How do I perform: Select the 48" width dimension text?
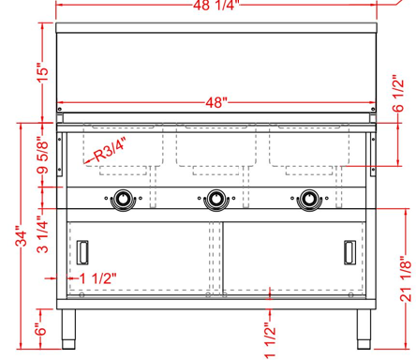pos(217,102)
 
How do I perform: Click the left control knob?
pos(122,199)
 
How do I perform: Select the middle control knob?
pos(216,199)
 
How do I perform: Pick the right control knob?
pos(311,199)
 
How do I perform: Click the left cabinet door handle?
pos(84,253)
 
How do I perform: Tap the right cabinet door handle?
pos(349,253)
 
